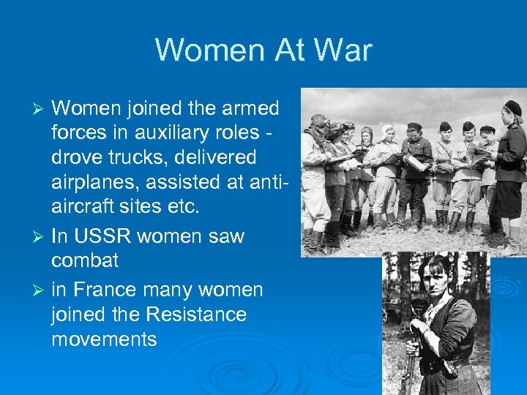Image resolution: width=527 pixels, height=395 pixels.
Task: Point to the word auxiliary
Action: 184,133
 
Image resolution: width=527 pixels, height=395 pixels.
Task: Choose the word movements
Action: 104,339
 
